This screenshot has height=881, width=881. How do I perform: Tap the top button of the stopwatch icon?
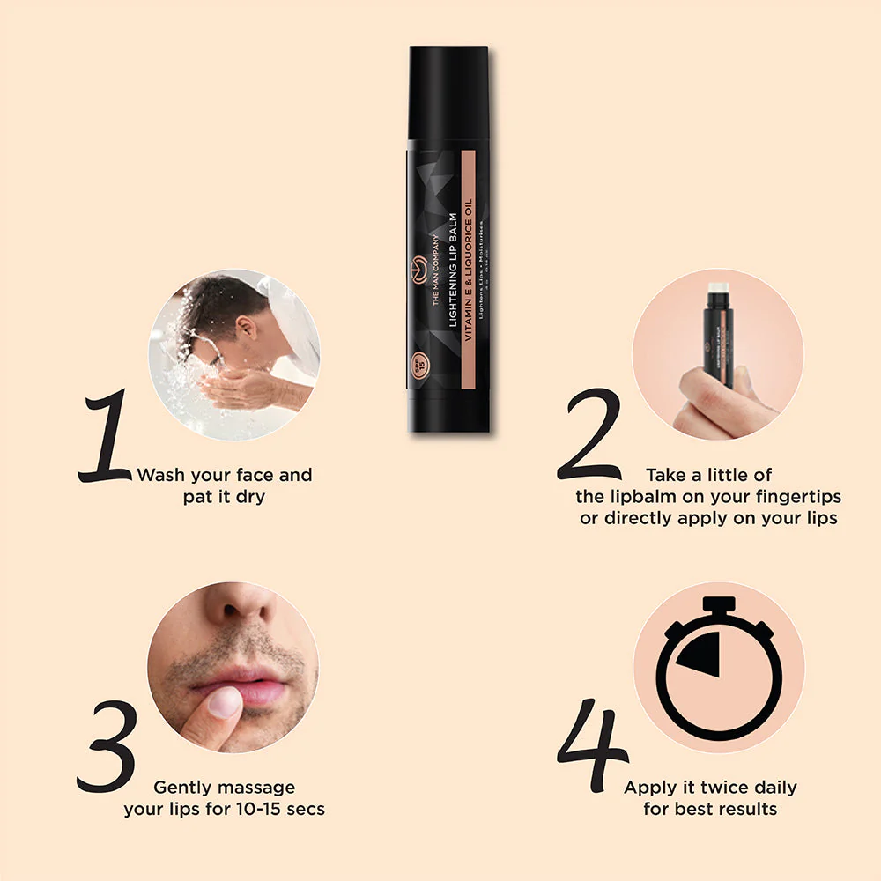[719, 603]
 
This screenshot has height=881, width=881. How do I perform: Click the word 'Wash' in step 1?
[161, 475]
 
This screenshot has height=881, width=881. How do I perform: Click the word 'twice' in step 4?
[703, 787]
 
